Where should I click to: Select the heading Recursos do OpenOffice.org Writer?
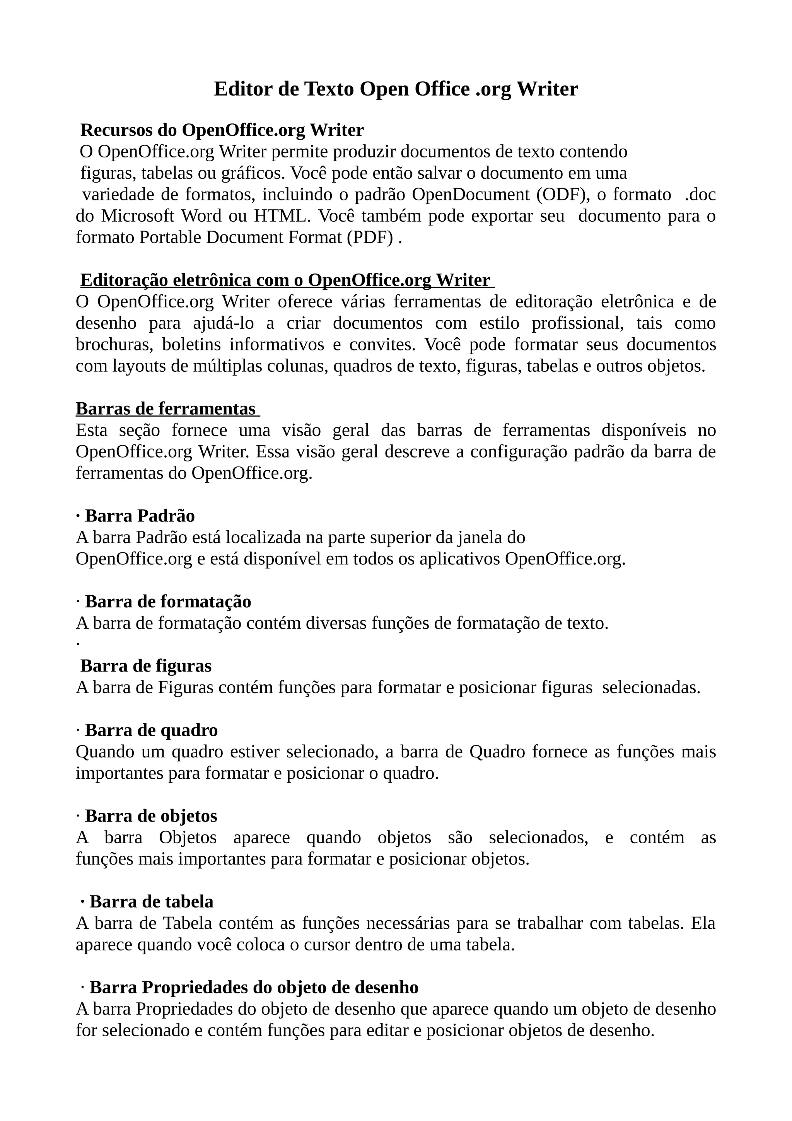pyautogui.click(x=222, y=130)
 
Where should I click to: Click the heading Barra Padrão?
pyautogui.click(x=140, y=516)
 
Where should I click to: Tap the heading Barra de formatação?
pyautogui.click(x=168, y=602)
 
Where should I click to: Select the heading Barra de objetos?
pyautogui.click(x=151, y=816)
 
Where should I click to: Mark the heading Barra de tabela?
pyautogui.click(x=151, y=902)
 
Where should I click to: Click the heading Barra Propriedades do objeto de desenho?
pyautogui.click(x=254, y=987)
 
